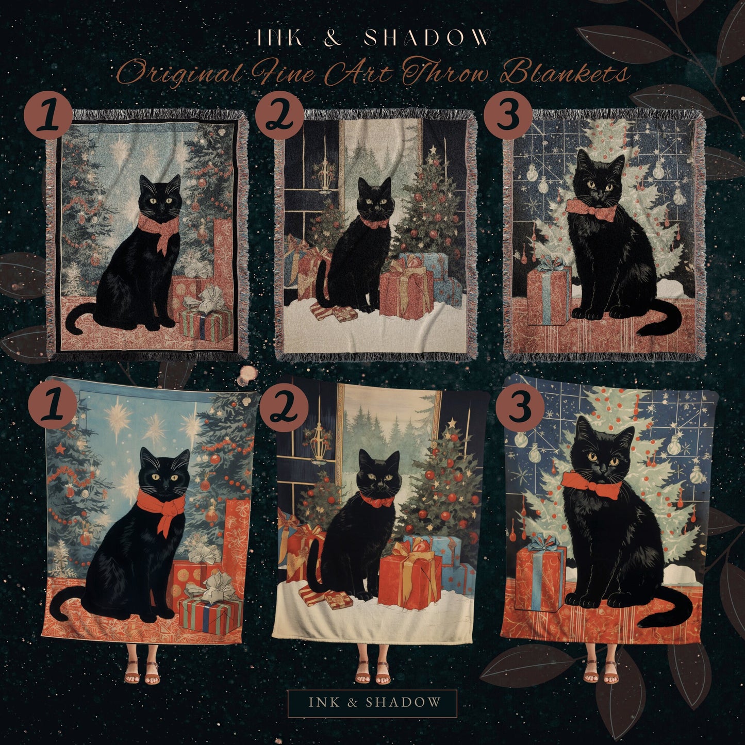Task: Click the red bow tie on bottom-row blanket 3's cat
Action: [x=591, y=485]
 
